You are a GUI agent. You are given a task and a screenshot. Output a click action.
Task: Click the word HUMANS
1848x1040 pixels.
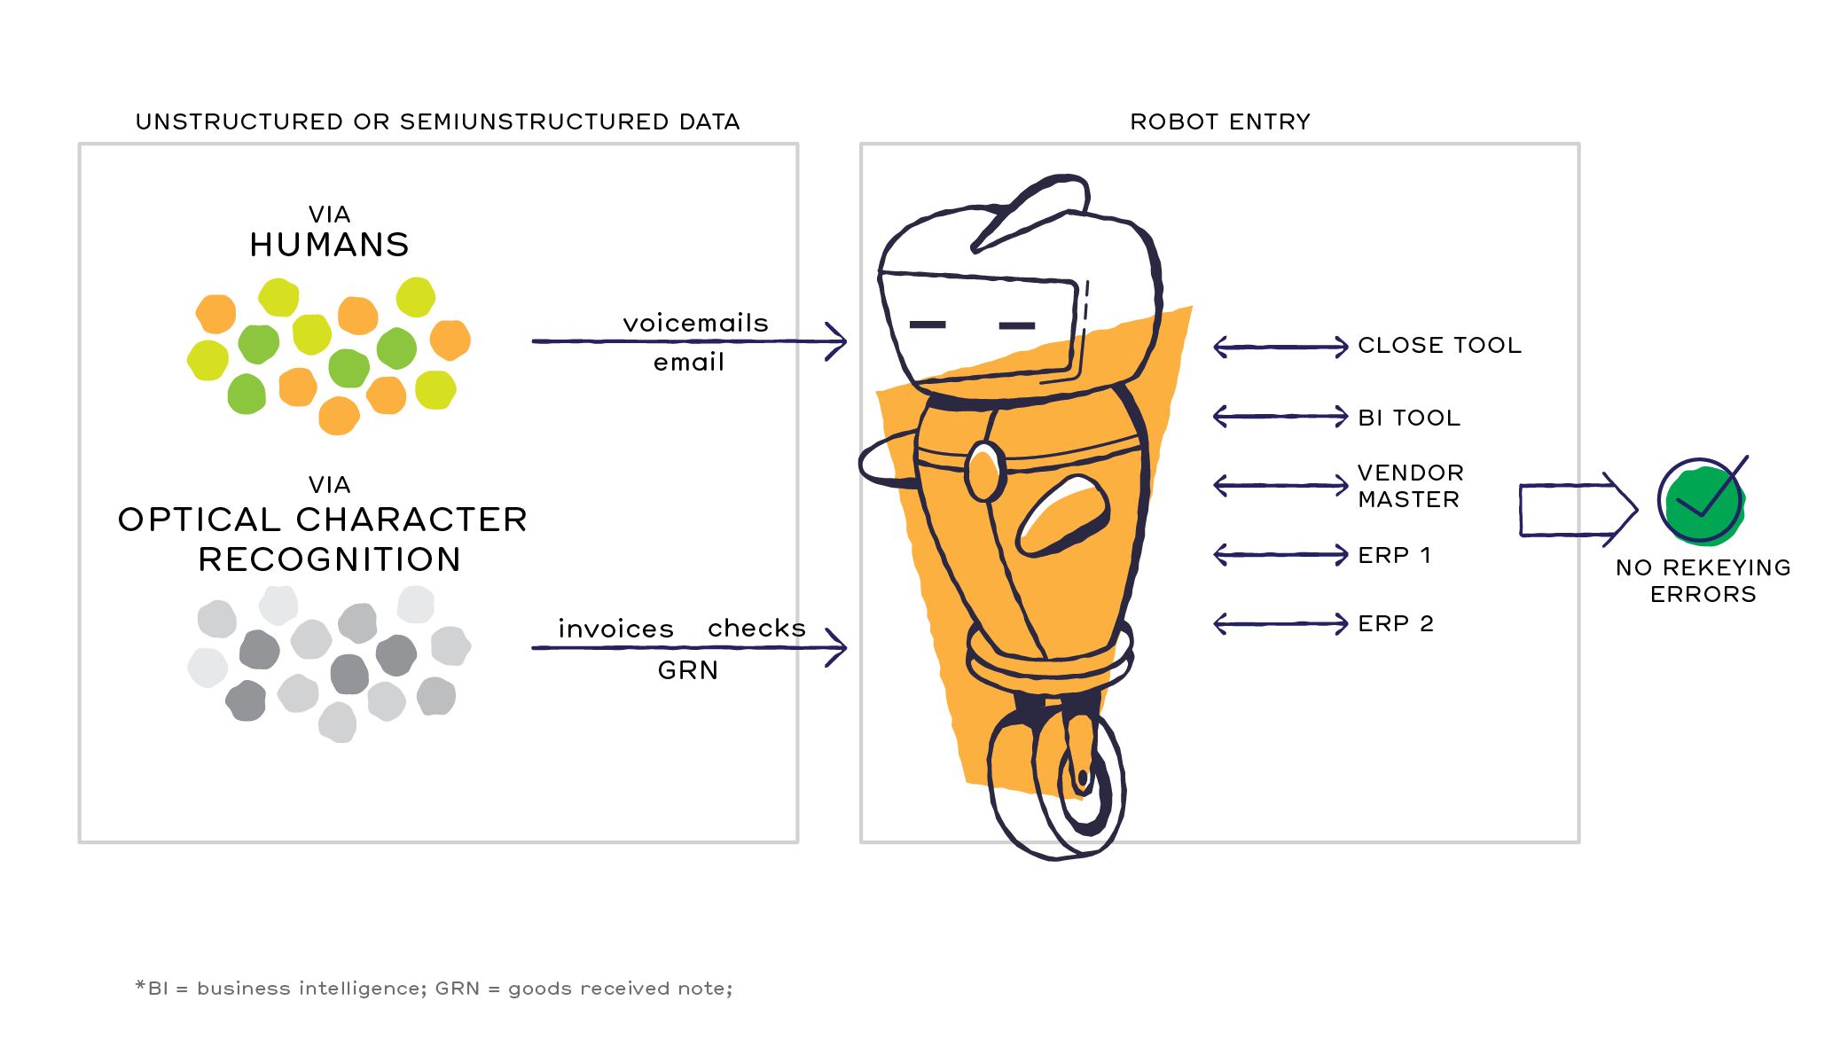[x=329, y=245]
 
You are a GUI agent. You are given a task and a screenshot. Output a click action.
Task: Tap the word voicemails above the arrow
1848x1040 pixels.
[x=695, y=323]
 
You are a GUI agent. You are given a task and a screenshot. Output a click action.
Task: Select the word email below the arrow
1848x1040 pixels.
[x=689, y=362]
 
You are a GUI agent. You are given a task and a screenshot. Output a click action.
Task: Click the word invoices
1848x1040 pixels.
[x=615, y=629]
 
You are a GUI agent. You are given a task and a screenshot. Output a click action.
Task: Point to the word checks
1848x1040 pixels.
[x=756, y=628]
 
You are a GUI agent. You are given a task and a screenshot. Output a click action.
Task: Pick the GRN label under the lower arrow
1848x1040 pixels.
[x=688, y=670]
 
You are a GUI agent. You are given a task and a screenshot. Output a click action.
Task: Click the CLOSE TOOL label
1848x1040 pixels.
[x=1439, y=345]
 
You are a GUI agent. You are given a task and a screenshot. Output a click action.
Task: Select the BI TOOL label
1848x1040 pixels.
[x=1409, y=418]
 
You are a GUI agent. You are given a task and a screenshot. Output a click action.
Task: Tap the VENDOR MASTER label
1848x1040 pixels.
[x=1410, y=486]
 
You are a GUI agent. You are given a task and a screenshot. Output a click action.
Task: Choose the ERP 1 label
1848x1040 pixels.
[x=1395, y=555]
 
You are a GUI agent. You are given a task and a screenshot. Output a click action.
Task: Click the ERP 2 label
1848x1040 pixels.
[x=1396, y=623]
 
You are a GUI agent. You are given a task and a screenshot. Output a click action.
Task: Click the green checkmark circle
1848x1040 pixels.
[x=1703, y=503]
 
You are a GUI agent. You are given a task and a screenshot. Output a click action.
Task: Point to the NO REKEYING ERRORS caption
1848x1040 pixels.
[x=1703, y=581]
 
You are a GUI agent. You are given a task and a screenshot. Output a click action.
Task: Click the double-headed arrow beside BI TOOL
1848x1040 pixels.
[x=1280, y=416]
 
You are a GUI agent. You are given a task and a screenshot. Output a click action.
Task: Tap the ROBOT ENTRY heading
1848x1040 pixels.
[x=1220, y=121]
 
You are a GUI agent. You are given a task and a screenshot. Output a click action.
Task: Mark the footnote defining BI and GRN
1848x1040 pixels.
[x=434, y=988]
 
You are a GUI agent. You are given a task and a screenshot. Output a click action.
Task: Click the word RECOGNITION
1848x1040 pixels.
[x=329, y=559]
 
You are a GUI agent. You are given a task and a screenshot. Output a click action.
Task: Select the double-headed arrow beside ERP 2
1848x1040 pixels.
[x=1280, y=623]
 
